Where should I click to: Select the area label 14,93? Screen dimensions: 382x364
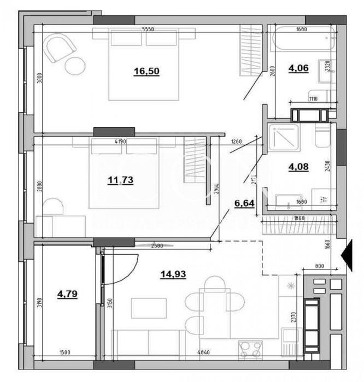[x=173, y=274]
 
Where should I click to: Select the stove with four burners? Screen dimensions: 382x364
[x=250, y=349]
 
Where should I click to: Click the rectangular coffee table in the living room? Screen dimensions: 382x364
[x=148, y=308]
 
